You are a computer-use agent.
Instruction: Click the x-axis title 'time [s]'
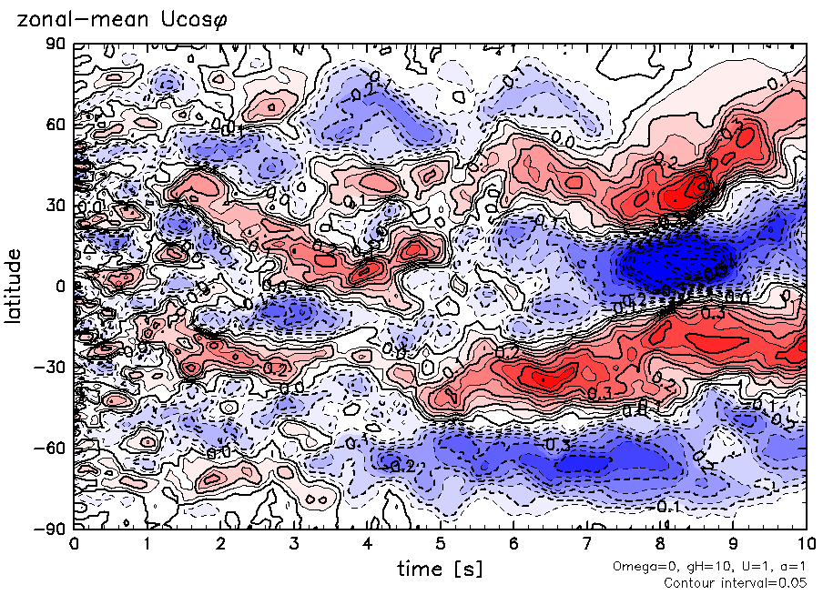click(440, 569)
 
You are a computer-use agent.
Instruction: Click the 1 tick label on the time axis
click(147, 544)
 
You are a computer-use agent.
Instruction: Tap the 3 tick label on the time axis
click(293, 544)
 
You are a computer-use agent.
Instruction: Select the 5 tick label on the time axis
click(440, 544)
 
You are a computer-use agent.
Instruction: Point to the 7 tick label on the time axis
click(586, 544)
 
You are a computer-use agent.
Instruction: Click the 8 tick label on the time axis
click(660, 544)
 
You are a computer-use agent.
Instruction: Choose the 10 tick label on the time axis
click(806, 544)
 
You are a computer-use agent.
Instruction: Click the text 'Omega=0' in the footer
click(639, 567)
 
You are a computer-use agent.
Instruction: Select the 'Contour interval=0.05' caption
click(739, 582)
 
